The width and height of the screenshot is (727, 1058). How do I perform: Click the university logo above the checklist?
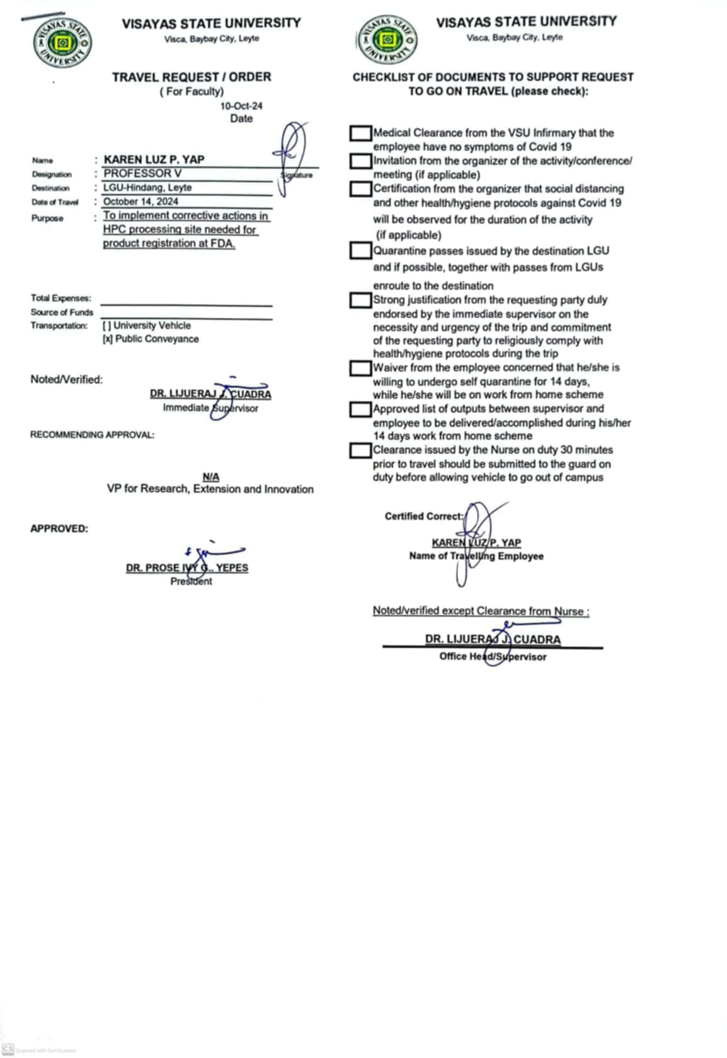pyautogui.click(x=387, y=40)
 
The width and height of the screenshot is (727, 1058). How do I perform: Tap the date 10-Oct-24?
pyautogui.click(x=241, y=106)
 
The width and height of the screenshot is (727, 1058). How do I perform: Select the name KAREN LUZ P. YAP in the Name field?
pyautogui.click(x=154, y=160)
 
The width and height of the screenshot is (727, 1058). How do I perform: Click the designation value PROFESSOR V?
pyautogui.click(x=142, y=173)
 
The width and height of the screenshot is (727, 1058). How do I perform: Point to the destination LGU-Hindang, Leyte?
pyautogui.click(x=147, y=187)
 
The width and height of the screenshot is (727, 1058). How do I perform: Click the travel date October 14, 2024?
pyautogui.click(x=140, y=202)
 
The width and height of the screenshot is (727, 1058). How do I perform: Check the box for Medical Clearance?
pyautogui.click(x=360, y=133)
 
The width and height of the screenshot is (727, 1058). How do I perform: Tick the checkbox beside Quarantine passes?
pyautogui.click(x=360, y=251)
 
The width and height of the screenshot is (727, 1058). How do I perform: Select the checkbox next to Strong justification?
pyautogui.click(x=360, y=300)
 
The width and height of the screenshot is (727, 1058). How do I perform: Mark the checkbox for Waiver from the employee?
pyautogui.click(x=360, y=368)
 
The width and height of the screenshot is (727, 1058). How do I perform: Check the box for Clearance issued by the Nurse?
pyautogui.click(x=360, y=450)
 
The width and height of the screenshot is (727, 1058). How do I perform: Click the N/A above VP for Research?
pyautogui.click(x=211, y=477)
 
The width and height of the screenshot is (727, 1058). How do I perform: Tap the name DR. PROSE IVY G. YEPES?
pyautogui.click(x=186, y=567)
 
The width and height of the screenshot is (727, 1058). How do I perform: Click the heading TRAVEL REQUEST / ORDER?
pyautogui.click(x=192, y=77)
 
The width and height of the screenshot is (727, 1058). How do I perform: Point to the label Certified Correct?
pyautogui.click(x=423, y=516)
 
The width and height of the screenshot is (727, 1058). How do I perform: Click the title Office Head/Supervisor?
pyautogui.click(x=493, y=656)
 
